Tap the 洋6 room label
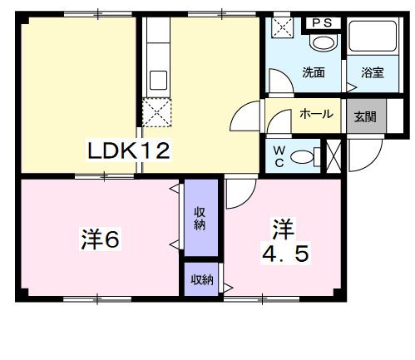click(x=101, y=239)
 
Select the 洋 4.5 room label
click(x=285, y=241)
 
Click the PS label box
click(x=322, y=22)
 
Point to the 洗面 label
click(x=313, y=72)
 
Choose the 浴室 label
click(x=372, y=73)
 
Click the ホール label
click(x=316, y=114)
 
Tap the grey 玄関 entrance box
click(x=363, y=116)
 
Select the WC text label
click(x=279, y=155)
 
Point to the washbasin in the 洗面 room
click(x=319, y=42)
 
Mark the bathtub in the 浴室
click(x=371, y=40)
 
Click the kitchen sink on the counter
click(x=156, y=81)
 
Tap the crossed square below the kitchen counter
click(x=156, y=112)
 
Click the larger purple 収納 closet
click(x=200, y=218)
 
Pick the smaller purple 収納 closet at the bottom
click(x=200, y=279)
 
